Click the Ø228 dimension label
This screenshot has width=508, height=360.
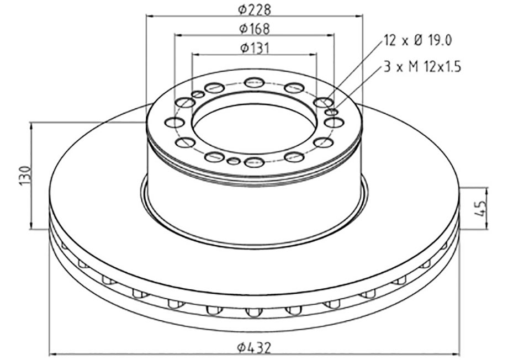pos(254,9)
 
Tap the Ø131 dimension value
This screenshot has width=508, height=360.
pos(254,48)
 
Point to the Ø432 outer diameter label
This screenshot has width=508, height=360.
pos(254,348)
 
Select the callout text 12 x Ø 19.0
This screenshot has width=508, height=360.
pos(418,40)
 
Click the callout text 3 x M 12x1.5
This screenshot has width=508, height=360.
pos(422,67)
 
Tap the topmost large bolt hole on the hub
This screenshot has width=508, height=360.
pos(255,82)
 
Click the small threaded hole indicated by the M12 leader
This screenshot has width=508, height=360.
pos(331,112)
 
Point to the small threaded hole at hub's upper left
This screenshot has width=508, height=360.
pos(198,94)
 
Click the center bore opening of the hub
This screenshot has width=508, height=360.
pos(255,124)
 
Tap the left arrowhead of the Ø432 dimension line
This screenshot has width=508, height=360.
pos(53,354)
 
